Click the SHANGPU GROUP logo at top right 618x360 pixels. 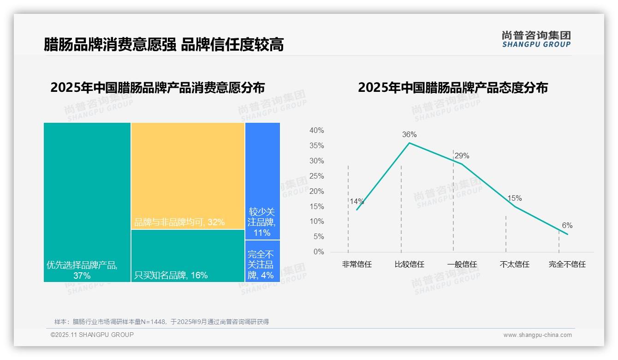coord(536,39)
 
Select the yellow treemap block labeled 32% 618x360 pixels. coord(188,176)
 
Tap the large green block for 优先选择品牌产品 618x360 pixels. coord(87,202)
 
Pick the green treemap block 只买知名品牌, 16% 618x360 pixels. coord(188,255)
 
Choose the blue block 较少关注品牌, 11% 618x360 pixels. coord(262,181)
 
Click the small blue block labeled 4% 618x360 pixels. coord(262,261)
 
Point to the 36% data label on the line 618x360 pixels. coord(409,135)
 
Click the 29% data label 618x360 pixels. coord(462,156)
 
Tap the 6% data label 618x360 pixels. coord(567,226)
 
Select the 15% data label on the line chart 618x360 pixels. coord(515,198)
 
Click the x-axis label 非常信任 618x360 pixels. coord(357,264)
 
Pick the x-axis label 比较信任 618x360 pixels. coord(410,264)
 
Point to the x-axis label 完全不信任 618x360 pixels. coord(567,264)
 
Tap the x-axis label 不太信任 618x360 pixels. coord(515,264)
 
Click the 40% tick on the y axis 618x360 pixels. coord(316,131)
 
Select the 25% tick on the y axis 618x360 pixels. coord(316,176)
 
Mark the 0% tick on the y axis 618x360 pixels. coord(319,252)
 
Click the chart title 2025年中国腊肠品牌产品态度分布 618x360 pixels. coord(453,88)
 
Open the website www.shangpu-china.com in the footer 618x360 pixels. coord(537,335)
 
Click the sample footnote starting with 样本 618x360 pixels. coord(161,322)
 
